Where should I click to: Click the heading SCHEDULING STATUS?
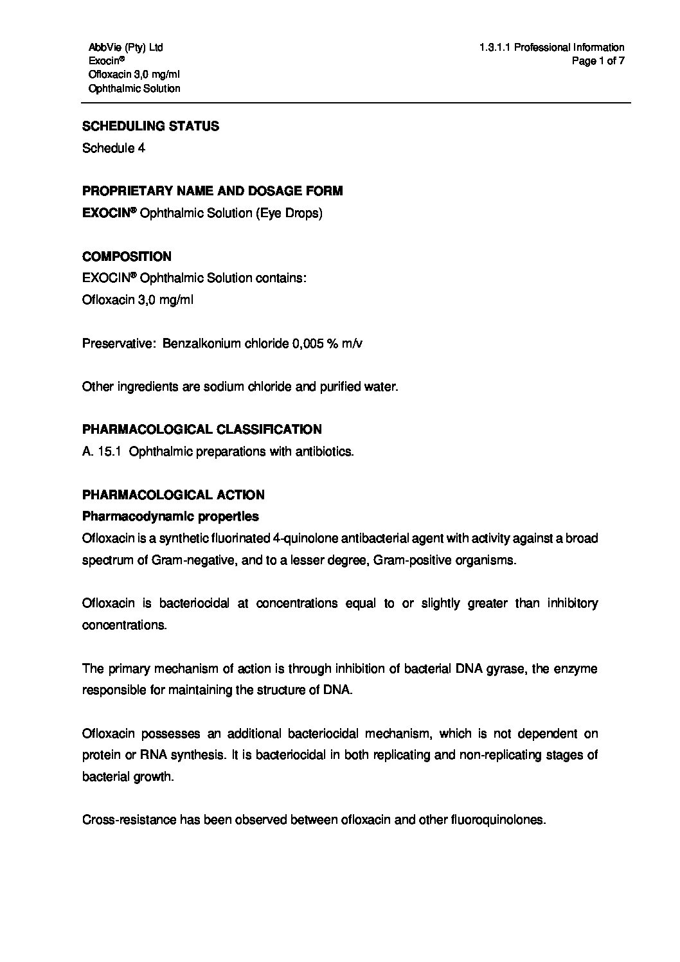pyautogui.click(x=150, y=127)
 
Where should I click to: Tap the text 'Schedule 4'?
pyautogui.click(x=114, y=148)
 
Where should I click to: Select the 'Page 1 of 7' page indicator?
pyautogui.click(x=598, y=61)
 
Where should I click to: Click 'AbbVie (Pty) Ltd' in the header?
pyautogui.click(x=126, y=48)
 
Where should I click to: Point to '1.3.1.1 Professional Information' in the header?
pyautogui.click(x=551, y=48)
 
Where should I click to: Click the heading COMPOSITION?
pyautogui.click(x=127, y=257)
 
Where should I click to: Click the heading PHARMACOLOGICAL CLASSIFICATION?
pyautogui.click(x=202, y=429)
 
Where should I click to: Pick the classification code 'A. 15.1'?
pyautogui.click(x=102, y=452)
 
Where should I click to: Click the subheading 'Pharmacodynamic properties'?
pyautogui.click(x=170, y=517)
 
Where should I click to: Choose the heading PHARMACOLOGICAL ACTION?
pyautogui.click(x=173, y=495)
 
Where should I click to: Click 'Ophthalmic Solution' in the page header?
pyautogui.click(x=134, y=89)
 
